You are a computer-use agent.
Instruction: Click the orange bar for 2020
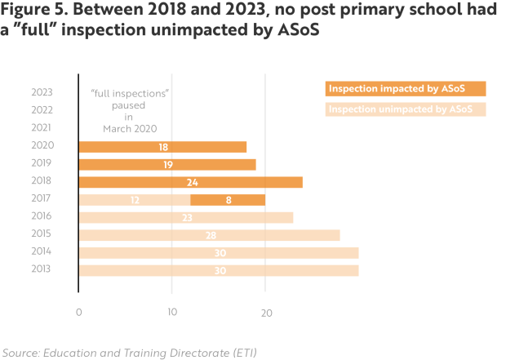point(162,147)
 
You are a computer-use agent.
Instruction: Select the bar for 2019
point(167,164)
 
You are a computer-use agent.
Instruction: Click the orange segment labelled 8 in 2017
point(228,199)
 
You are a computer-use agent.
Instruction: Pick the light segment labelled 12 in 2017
point(135,199)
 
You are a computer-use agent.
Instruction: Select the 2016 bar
point(186,217)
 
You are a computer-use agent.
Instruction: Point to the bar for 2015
point(209,235)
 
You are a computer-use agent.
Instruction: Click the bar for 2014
point(219,253)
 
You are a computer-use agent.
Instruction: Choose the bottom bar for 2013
point(219,270)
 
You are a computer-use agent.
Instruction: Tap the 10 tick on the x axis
point(171,312)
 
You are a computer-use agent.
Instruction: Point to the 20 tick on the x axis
point(264,312)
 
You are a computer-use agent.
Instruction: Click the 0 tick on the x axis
point(79,312)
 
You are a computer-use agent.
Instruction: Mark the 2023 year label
point(42,93)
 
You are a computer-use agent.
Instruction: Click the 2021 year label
point(42,128)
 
